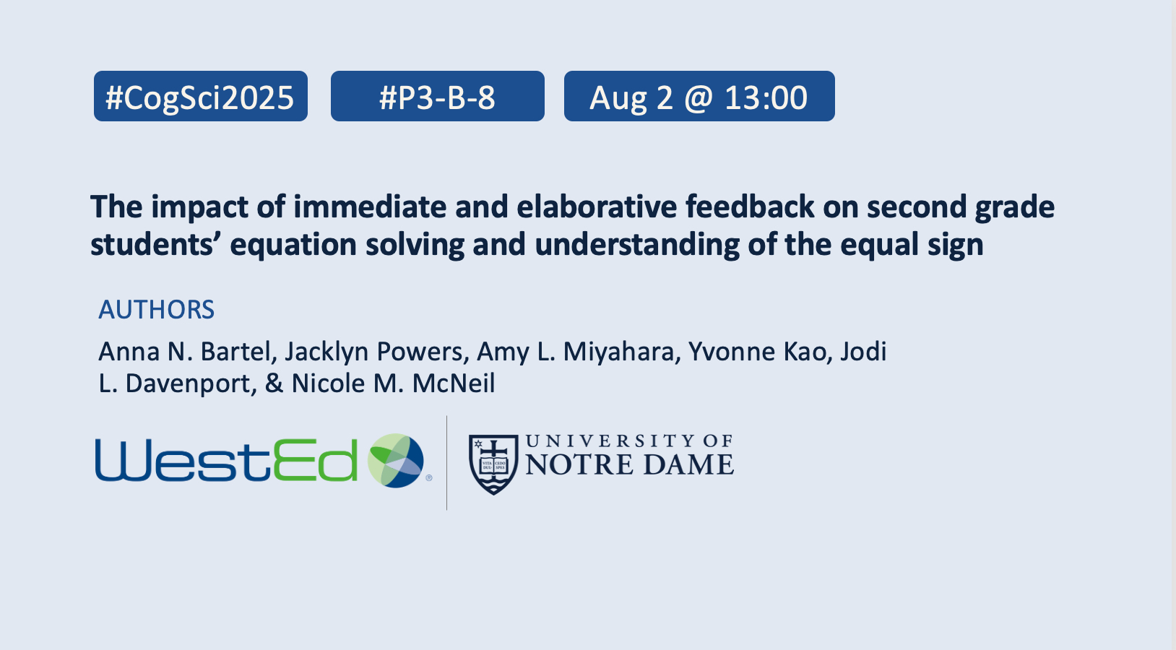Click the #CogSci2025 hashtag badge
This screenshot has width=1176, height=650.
pos(201,96)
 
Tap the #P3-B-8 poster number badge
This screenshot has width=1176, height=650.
pos(437,96)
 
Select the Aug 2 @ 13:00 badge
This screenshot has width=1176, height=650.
pos(699,96)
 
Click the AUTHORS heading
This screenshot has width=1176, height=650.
pos(157,310)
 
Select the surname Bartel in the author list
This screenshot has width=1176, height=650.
pos(239,352)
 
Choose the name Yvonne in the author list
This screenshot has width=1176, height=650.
pos(731,352)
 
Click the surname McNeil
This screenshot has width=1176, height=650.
pos(454,383)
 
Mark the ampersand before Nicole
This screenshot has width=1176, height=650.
pos(274,383)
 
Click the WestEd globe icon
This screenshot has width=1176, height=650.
pos(395,461)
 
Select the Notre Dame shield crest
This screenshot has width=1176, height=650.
pos(493,464)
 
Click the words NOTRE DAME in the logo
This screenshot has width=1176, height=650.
pos(629,464)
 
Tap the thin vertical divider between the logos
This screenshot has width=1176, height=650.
pos(446,463)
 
